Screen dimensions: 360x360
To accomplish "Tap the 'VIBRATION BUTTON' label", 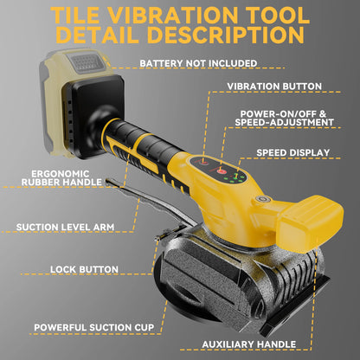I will pos(274,87).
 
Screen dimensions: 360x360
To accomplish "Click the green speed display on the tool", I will pos(236,174).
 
